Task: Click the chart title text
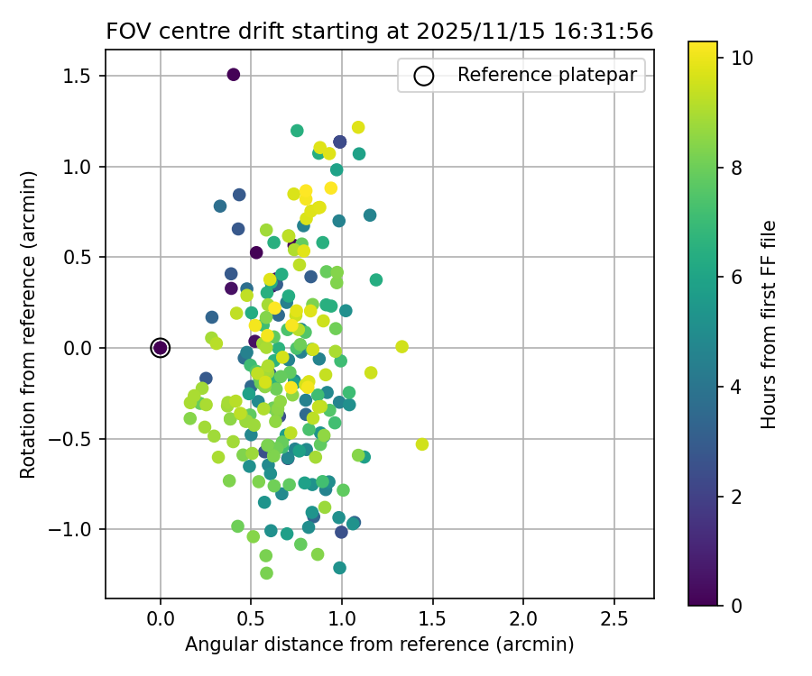click(379, 32)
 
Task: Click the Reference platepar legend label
click(547, 75)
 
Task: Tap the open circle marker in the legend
click(424, 76)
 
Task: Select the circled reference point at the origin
click(161, 348)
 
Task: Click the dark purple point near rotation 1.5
click(234, 75)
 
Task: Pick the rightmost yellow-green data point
click(421, 444)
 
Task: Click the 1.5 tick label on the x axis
click(432, 621)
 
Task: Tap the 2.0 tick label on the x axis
click(523, 621)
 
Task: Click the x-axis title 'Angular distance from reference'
click(379, 644)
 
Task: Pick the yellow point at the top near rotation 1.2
click(358, 128)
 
